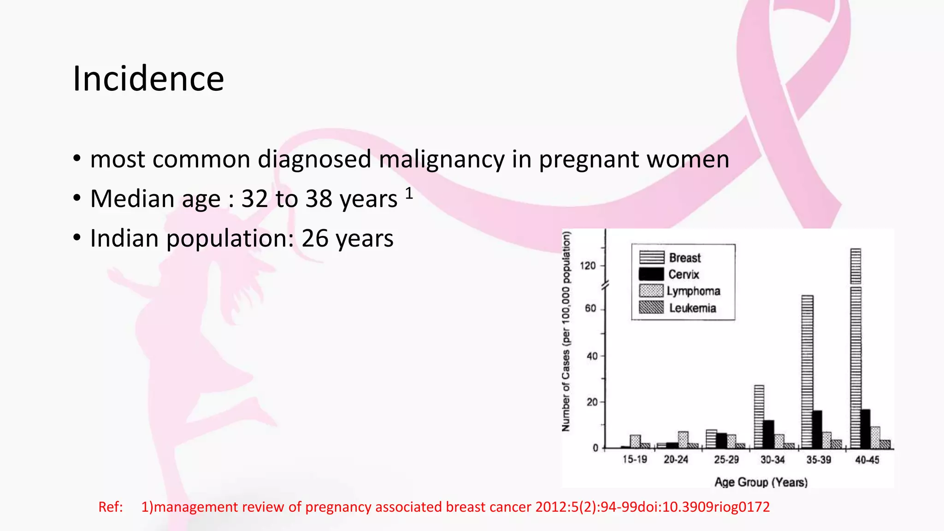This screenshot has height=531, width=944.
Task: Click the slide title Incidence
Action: click(148, 79)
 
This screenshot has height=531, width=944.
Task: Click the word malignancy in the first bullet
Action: click(441, 160)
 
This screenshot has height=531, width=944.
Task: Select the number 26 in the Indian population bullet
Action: click(315, 239)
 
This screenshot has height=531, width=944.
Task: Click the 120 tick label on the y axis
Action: click(588, 265)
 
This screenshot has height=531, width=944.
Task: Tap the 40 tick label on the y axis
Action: click(592, 356)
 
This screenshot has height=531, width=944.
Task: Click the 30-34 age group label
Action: click(773, 460)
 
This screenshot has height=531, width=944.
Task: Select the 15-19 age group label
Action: click(635, 460)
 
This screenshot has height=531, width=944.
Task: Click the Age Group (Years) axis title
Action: click(761, 482)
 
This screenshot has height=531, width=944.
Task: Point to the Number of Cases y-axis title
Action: click(566, 332)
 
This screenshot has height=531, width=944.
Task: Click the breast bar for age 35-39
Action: click(807, 371)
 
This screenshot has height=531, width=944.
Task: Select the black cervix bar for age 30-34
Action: click(768, 434)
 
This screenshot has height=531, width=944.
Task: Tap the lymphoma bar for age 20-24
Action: click(683, 440)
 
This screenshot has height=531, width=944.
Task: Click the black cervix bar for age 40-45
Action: click(865, 429)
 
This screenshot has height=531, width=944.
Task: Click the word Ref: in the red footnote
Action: click(111, 507)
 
